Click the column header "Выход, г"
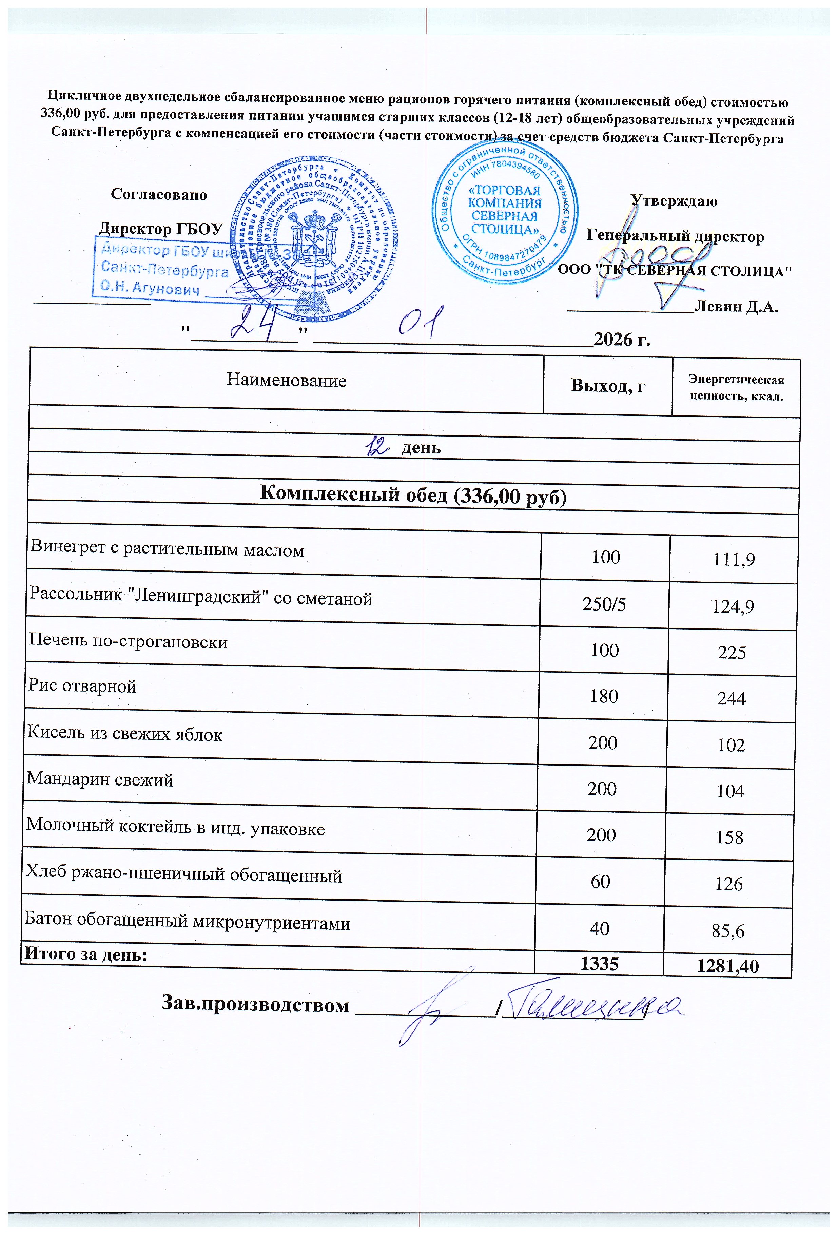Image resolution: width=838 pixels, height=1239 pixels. [x=608, y=385]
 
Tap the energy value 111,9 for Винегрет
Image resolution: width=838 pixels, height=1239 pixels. [x=733, y=559]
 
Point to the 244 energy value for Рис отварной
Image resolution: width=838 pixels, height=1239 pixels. [x=732, y=698]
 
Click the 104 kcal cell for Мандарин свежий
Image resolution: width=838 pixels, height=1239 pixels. [x=730, y=791]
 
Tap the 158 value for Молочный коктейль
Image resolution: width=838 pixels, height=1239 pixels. [x=729, y=837]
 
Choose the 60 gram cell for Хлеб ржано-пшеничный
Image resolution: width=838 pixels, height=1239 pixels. [x=600, y=882]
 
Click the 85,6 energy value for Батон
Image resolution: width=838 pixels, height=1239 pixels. [x=728, y=931]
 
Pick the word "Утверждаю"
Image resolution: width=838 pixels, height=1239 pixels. [x=674, y=201]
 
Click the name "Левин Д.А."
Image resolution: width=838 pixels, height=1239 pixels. [x=737, y=307]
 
